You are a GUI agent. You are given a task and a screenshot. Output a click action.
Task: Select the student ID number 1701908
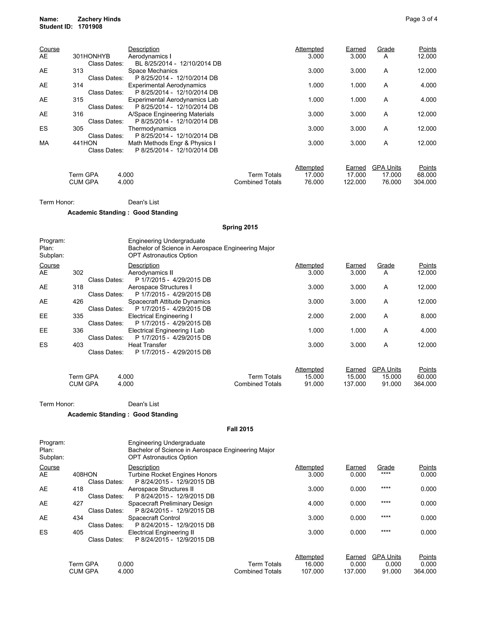coord(90,27)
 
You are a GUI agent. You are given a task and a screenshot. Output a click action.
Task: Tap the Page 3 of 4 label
coord(421,19)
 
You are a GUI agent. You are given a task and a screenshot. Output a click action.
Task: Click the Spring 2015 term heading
coord(240,227)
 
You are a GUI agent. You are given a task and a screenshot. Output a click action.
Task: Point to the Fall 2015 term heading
coord(240,429)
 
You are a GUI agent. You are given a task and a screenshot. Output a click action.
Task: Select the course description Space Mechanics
coord(153,71)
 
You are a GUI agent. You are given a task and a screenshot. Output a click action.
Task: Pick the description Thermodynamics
coord(152,129)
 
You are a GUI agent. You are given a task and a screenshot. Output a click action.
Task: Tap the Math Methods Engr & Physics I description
coord(172,143)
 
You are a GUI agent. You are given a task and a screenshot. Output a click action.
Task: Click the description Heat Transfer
coord(147,345)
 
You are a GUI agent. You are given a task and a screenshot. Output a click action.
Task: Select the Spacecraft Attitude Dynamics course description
coord(169,302)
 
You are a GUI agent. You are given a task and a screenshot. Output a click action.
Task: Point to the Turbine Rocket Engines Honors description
coord(172,475)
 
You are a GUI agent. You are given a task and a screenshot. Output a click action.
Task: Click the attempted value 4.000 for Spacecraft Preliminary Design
coord(316,504)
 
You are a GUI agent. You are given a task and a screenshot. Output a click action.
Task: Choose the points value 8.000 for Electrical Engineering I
coord(428,316)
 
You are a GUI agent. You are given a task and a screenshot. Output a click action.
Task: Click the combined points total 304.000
coord(425,182)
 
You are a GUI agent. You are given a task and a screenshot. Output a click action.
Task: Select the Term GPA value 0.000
coord(125,564)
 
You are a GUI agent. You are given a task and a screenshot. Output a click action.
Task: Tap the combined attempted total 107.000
coord(312,571)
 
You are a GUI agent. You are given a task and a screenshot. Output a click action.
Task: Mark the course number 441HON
coord(85,143)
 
